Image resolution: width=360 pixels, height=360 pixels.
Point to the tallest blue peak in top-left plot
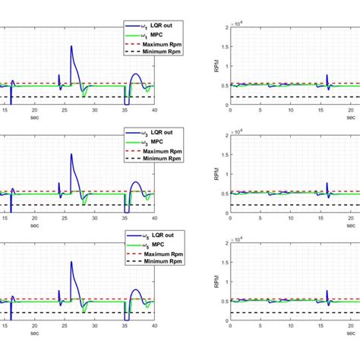tap(71, 46)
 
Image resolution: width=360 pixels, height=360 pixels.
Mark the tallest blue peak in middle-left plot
tap(71, 155)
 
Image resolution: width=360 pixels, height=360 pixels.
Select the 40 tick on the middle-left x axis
tap(153, 220)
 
